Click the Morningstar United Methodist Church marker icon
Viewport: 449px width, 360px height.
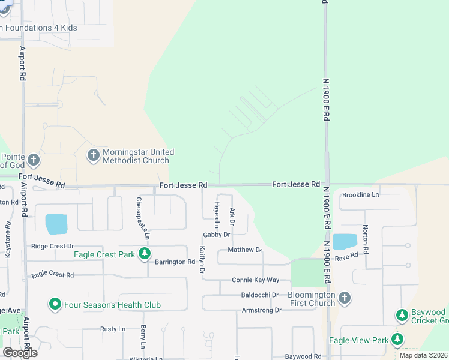(93, 155)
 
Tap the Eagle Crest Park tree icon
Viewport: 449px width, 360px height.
(144, 254)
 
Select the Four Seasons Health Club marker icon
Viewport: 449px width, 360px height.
(55, 305)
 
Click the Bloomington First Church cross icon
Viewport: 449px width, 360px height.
(345, 298)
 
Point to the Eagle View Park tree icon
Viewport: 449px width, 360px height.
(397, 340)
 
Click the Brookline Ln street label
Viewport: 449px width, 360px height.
(360, 195)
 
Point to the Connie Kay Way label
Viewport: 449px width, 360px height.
(256, 280)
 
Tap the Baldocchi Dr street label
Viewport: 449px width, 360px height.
(259, 295)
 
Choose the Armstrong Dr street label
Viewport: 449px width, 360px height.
(261, 310)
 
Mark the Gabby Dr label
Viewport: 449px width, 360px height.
(217, 235)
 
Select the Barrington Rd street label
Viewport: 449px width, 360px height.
(175, 262)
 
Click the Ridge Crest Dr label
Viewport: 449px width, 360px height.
(52, 246)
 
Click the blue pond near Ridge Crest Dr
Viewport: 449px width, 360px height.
(56, 224)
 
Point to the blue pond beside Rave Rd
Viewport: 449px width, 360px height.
(345, 241)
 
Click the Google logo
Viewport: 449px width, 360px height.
(20, 353)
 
